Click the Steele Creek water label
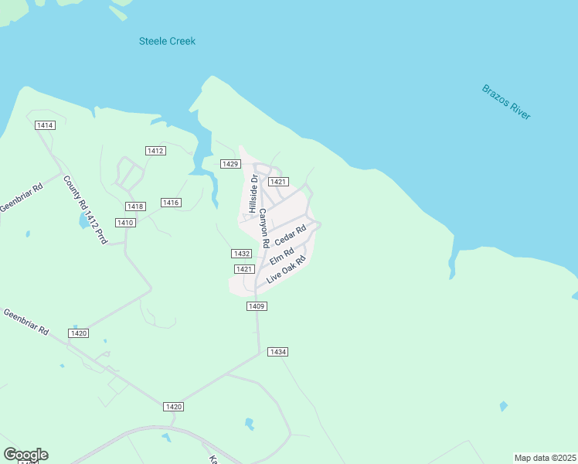(167, 41)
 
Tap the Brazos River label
(506, 101)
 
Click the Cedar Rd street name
(291, 234)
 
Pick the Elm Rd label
(282, 256)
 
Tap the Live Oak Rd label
(287, 268)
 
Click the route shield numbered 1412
(155, 150)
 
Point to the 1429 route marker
(230, 164)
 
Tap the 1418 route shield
(135, 206)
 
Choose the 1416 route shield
(171, 203)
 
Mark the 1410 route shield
(125, 223)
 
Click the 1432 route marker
(241, 254)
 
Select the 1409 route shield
(257, 306)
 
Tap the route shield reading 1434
(278, 352)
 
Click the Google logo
(25, 455)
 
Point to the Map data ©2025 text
(545, 458)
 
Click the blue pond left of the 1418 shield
(83, 222)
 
